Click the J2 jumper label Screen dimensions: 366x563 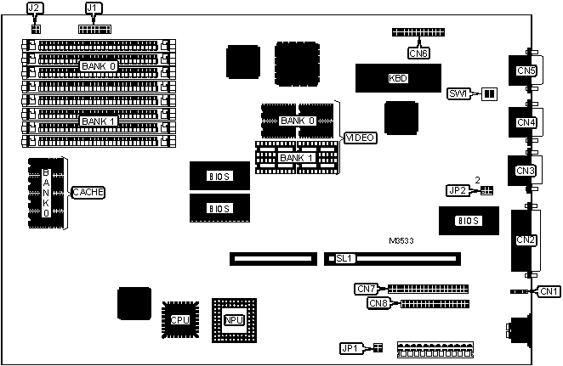tap(35, 8)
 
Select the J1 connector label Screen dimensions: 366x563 tap(94, 8)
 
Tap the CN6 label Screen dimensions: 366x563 tap(418, 53)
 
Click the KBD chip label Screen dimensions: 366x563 tap(397, 79)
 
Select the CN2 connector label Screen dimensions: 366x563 tap(526, 240)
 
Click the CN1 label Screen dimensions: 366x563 tap(549, 292)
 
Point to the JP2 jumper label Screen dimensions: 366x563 tap(458, 190)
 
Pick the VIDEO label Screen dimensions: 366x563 tap(360, 138)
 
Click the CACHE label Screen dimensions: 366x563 tap(88, 193)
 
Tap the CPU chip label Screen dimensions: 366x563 tap(179, 320)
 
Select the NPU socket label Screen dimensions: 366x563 tap(234, 319)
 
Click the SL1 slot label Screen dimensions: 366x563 tap(344, 256)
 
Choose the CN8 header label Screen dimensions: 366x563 tap(378, 303)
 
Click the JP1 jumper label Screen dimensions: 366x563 tap(350, 348)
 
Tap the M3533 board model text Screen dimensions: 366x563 tap(402, 240)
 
